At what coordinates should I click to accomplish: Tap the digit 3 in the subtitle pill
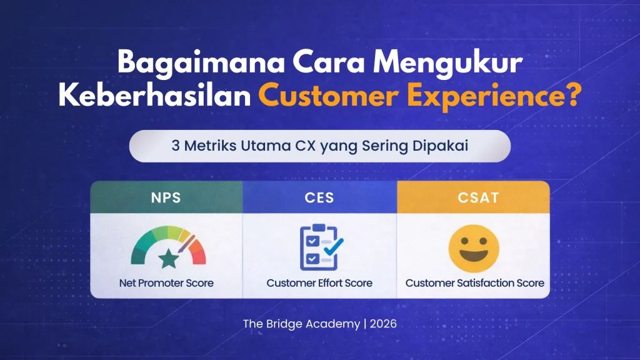click(x=175, y=146)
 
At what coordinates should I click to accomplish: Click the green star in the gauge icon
click(x=167, y=256)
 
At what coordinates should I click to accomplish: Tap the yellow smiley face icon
click(x=474, y=246)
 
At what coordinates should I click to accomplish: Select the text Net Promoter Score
click(x=166, y=283)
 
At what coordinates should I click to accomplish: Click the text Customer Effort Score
click(x=319, y=283)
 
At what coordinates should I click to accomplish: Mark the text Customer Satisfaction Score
click(x=474, y=283)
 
